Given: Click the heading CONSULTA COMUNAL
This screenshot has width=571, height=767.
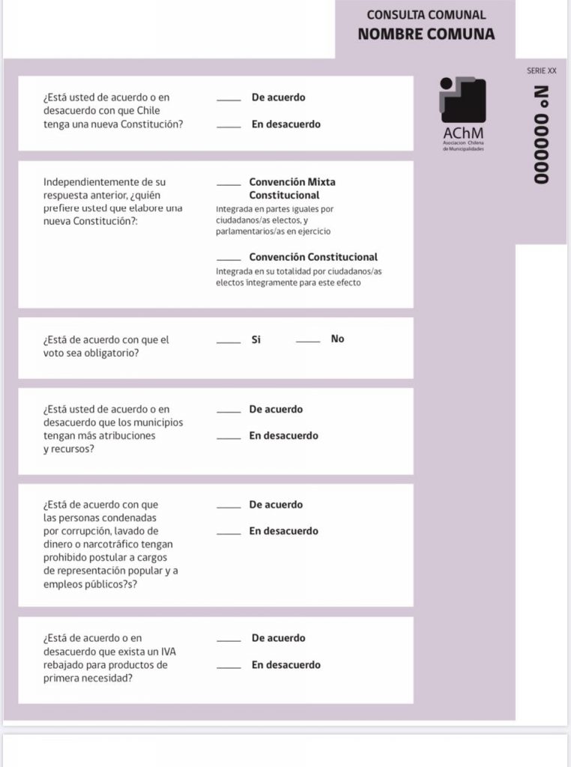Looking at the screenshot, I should (426, 14).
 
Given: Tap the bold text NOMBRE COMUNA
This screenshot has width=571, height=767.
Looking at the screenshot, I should (426, 34).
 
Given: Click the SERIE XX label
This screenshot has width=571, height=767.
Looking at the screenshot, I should (541, 70).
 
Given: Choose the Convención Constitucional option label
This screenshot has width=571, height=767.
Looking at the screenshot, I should (313, 257).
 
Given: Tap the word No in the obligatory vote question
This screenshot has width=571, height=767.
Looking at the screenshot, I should (337, 339).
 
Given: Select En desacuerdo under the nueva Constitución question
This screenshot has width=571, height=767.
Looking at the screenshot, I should (285, 124).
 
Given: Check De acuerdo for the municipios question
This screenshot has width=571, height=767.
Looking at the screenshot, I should (276, 410).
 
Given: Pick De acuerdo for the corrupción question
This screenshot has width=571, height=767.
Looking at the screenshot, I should (276, 505).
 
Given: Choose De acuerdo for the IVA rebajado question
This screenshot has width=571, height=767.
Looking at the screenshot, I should (278, 638).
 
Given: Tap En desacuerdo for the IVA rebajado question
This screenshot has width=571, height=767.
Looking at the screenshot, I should (285, 665).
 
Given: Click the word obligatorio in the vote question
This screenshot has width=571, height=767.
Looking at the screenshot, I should (108, 353).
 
